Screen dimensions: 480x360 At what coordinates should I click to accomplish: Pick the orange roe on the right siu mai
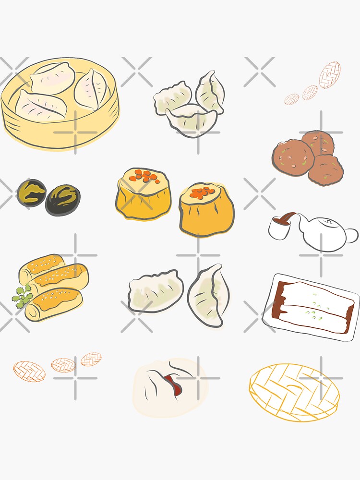[202, 192]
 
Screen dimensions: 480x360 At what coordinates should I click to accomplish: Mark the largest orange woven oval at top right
[330, 75]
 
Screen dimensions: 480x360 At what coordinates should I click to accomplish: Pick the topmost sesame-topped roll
[42, 264]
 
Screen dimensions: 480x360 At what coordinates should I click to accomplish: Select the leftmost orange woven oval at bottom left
[29, 371]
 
